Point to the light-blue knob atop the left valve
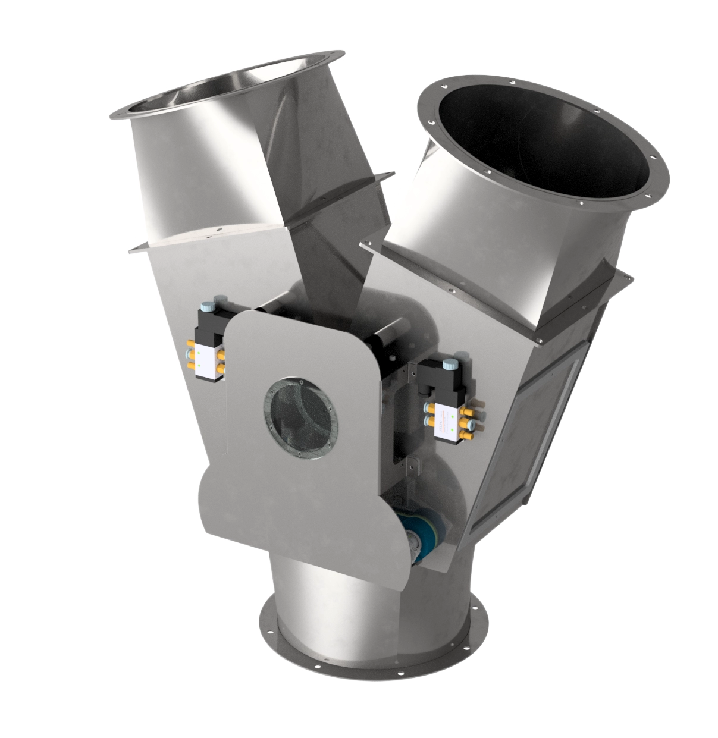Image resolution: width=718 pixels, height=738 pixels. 206,306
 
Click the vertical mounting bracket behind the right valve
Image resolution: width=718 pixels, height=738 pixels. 410,416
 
